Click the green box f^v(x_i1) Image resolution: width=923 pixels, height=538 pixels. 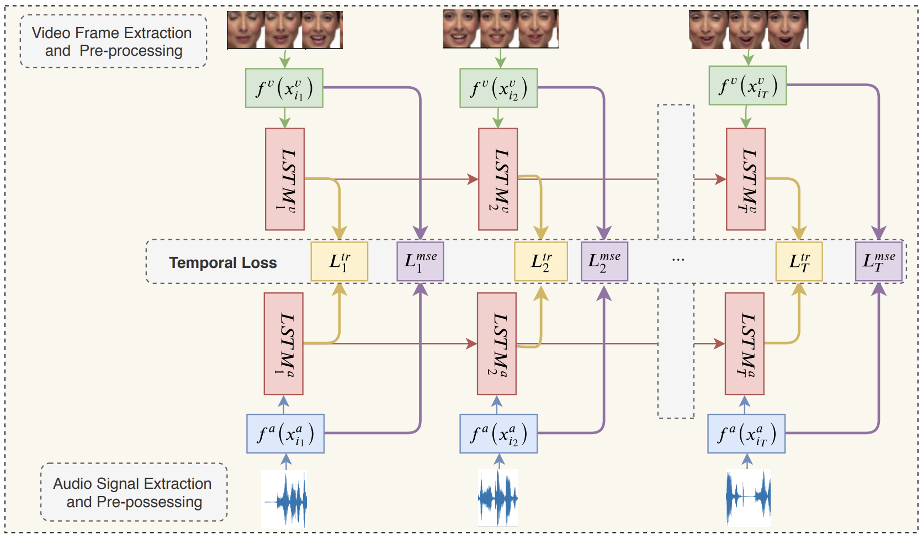pos(284,88)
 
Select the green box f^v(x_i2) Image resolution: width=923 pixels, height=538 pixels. pos(498,88)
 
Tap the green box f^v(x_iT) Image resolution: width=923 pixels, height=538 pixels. pos(747,86)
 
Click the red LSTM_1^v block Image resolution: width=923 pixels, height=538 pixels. pos(285,179)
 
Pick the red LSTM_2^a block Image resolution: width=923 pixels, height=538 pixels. pos(497,344)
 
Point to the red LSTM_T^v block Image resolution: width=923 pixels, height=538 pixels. pos(746,179)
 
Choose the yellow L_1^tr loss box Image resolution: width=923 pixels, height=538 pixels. pos(339,261)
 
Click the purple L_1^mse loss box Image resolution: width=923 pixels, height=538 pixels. pos(420,261)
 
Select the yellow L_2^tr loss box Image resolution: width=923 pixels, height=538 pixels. pos(540,261)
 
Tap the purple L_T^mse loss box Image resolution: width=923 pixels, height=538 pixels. pos(878,261)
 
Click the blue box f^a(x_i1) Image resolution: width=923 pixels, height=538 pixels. pos(285,434)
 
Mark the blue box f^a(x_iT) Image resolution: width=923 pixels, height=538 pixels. pos(746,434)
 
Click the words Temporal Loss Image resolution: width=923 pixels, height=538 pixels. pos(222,262)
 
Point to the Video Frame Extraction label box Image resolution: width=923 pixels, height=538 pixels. pos(113,41)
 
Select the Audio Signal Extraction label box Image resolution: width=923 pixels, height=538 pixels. pos(134,492)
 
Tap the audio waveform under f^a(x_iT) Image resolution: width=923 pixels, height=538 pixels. pos(748,497)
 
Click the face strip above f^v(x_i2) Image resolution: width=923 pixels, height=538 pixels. pos(500,29)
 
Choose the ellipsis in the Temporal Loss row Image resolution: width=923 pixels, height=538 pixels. pos(678,259)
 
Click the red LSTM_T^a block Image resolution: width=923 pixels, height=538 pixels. pos(745,344)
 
